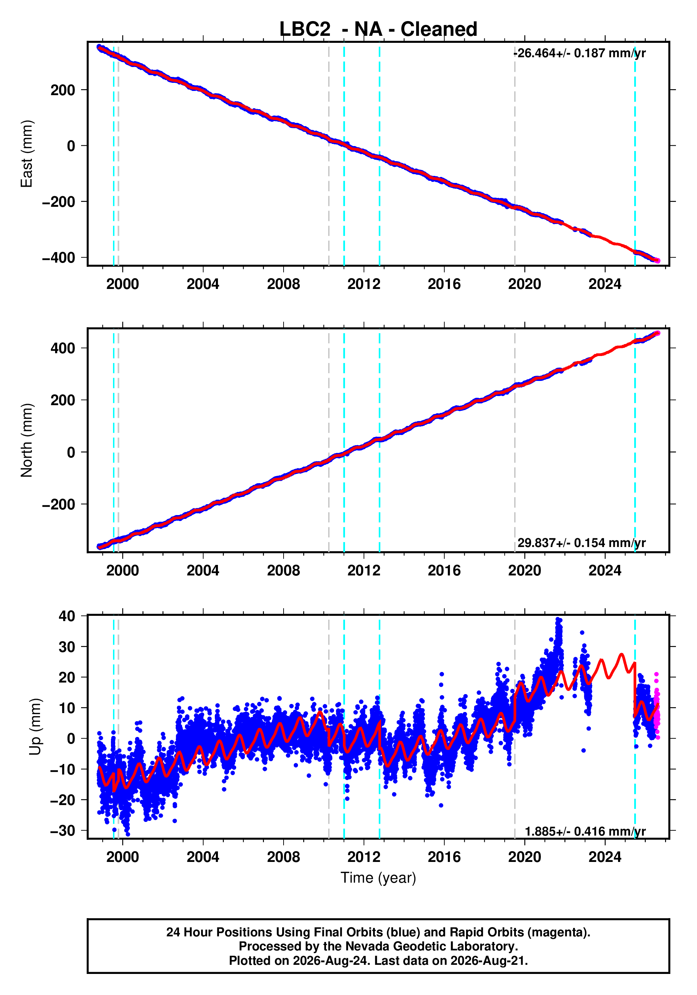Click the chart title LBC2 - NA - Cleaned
point(378,29)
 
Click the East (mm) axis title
point(26,154)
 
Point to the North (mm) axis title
point(26,440)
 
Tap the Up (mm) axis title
point(35,727)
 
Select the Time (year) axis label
point(378,878)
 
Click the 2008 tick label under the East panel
point(283,284)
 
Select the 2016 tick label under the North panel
point(444,571)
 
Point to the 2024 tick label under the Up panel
point(605,857)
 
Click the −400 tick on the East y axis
point(59,258)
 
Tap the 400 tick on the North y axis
point(63,348)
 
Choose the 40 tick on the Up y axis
point(67,616)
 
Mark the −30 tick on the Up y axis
point(63,831)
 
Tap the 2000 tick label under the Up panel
point(122,857)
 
